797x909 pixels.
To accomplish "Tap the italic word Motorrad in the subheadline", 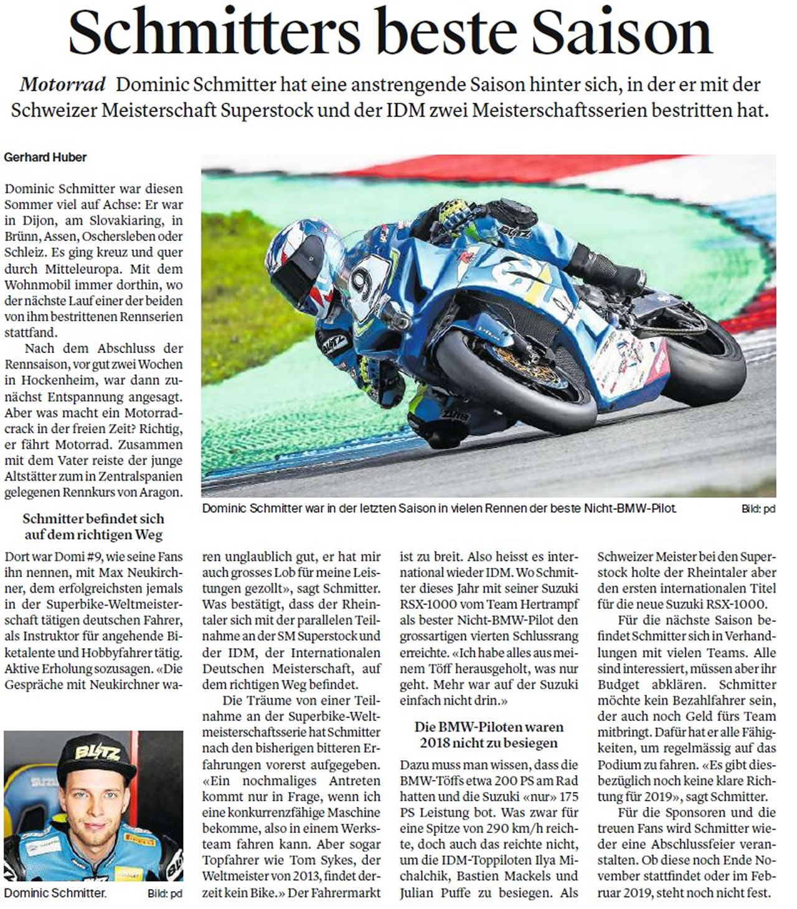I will pyautogui.click(x=62, y=85).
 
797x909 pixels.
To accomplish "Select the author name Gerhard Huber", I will pyautogui.click(x=45, y=158).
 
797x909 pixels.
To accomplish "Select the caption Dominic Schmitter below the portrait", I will pyautogui.click(x=55, y=893).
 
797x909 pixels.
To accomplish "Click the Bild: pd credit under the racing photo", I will pyautogui.click(x=758, y=509).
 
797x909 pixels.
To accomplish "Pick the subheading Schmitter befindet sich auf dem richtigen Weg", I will pyautogui.click(x=93, y=527).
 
